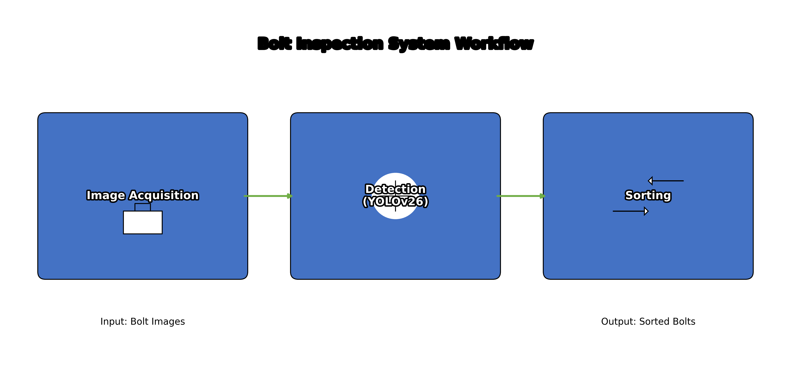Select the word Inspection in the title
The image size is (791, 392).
tap(340, 44)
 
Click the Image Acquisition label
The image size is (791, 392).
tap(143, 196)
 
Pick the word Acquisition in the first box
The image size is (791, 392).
tap(164, 196)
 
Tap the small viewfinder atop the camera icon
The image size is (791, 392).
tap(143, 207)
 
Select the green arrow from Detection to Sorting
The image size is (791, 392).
tap(521, 196)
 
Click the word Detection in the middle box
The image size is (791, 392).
tap(395, 189)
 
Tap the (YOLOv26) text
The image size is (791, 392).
tap(395, 202)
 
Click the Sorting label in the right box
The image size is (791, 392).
tap(648, 196)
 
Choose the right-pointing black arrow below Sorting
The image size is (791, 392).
tap(630, 211)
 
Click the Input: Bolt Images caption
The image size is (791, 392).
tap(143, 321)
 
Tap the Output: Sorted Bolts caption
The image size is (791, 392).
tap(648, 321)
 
